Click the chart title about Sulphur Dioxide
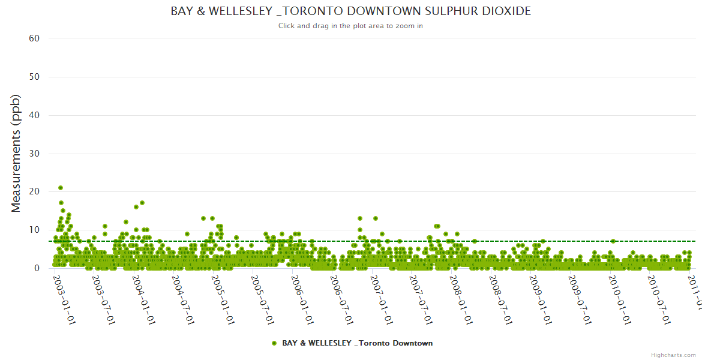[x=350, y=11]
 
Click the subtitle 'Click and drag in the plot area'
[x=350, y=26]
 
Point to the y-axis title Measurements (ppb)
[x=16, y=153]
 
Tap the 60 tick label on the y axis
[x=34, y=38]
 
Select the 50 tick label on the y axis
[x=34, y=77]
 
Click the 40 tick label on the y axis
[x=34, y=115]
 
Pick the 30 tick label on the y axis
[x=34, y=154]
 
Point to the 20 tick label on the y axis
[x=34, y=191]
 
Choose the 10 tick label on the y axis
[x=34, y=230]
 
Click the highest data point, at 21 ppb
[x=61, y=188]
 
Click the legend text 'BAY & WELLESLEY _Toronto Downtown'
[x=357, y=343]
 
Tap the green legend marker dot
[x=274, y=343]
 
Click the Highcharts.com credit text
[x=673, y=355]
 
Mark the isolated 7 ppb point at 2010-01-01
[x=613, y=241]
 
